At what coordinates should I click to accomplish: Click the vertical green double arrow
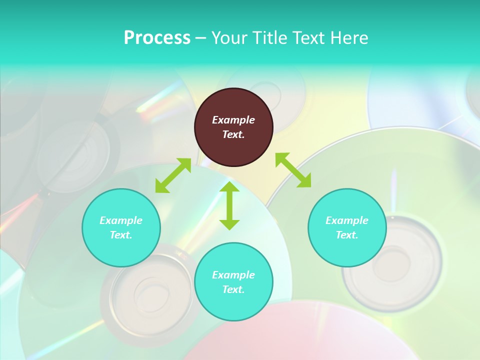click(x=229, y=205)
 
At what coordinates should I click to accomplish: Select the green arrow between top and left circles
click(x=173, y=175)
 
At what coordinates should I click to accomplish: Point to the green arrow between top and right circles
click(x=293, y=170)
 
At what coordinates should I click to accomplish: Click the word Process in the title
click(x=157, y=38)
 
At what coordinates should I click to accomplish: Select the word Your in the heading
click(x=229, y=38)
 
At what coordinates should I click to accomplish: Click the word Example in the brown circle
click(x=233, y=120)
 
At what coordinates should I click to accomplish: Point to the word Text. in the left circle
click(x=121, y=235)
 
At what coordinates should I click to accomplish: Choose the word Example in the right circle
click(x=347, y=220)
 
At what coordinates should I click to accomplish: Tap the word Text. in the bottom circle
click(x=233, y=289)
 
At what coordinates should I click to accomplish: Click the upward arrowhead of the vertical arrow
click(x=229, y=187)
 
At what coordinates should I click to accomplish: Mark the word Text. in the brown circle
click(x=233, y=134)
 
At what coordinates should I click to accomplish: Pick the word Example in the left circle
click(x=121, y=220)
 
